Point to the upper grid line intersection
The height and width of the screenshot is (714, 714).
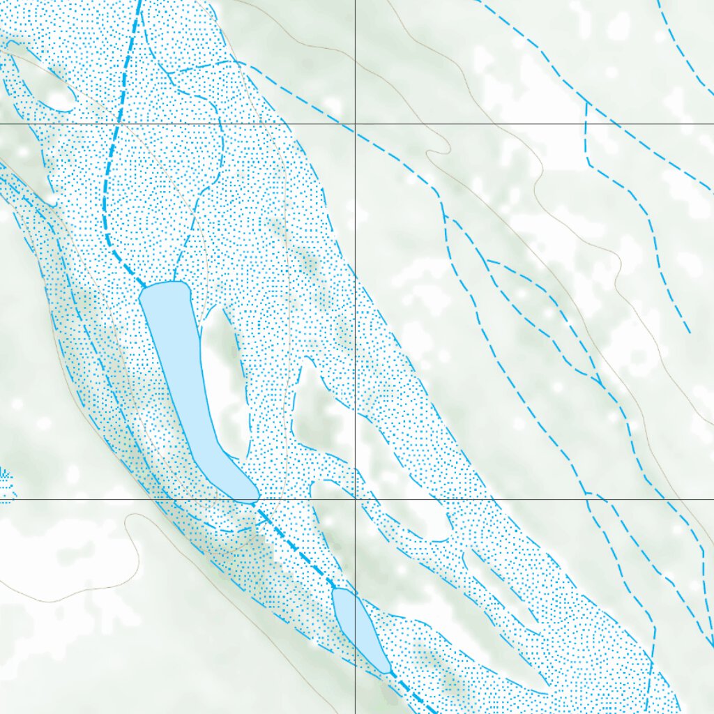355,124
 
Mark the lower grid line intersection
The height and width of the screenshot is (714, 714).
355,499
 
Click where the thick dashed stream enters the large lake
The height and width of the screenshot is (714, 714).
144,287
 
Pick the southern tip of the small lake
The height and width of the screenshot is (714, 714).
387,671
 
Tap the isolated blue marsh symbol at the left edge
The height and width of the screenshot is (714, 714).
6,481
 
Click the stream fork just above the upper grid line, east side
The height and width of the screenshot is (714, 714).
587,104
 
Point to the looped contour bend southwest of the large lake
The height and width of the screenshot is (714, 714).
132,519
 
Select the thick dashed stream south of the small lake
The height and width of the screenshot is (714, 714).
415,697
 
